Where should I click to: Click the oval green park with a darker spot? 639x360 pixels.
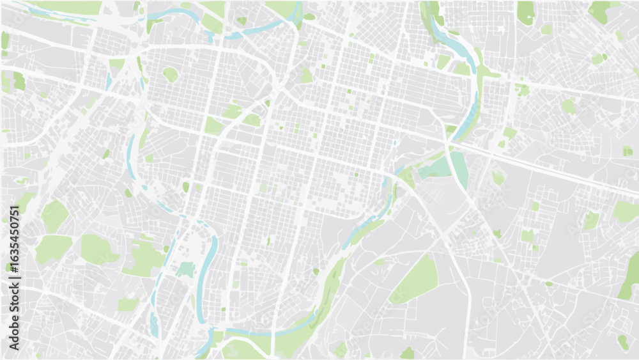tap(170, 74)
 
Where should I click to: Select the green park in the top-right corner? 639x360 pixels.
tap(601, 10)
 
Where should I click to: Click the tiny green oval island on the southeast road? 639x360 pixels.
tap(548, 283)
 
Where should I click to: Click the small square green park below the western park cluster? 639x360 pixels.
tap(128, 304)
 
